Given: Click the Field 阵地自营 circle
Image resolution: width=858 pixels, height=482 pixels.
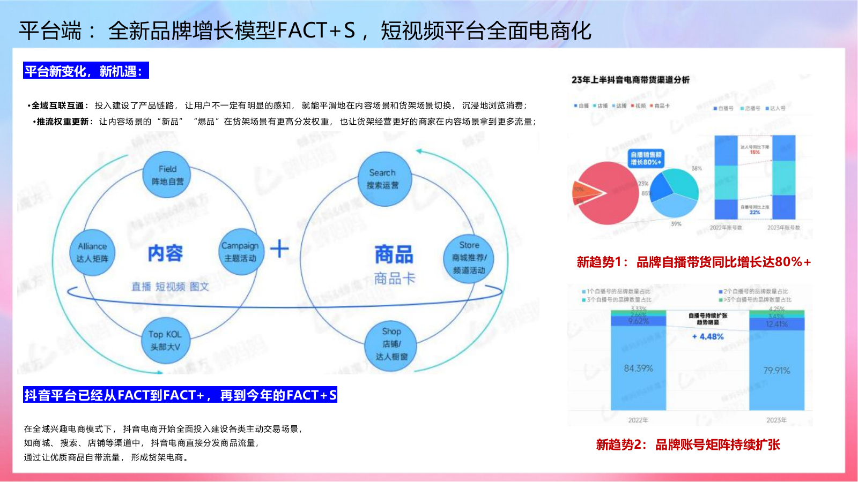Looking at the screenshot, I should point(167,175).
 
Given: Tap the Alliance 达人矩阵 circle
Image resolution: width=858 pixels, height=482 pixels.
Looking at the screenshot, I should point(92,253).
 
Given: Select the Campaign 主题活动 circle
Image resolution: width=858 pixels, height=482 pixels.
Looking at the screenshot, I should point(240,252).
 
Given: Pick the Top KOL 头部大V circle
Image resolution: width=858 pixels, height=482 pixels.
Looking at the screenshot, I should point(165,341).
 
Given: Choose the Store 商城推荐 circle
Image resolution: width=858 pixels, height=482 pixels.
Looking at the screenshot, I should point(469,258).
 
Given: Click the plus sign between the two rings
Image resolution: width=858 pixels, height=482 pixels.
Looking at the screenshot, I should point(279,249).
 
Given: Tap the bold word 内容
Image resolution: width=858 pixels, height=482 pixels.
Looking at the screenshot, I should point(165,253).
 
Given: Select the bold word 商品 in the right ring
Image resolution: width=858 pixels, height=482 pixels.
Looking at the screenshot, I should point(394,254).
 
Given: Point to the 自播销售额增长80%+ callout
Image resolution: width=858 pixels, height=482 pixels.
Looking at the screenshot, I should point(646,158).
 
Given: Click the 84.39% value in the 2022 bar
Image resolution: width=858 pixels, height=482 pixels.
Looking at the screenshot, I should point(638,368).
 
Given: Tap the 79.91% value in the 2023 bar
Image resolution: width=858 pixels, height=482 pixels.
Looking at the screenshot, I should point(776,371).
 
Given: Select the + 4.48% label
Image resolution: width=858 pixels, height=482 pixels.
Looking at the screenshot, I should point(708,337).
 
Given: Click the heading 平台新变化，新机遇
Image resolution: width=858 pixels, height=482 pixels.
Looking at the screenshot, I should point(86,71).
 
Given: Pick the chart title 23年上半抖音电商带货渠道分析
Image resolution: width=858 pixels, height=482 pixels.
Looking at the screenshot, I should point(631,80).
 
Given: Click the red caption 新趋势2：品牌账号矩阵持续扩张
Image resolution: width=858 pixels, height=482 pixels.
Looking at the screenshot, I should point(688,445).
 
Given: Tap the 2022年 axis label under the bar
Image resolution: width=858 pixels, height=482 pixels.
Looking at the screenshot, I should point(638,420).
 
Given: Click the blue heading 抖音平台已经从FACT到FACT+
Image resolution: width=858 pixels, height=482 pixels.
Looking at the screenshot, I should point(180,395).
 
